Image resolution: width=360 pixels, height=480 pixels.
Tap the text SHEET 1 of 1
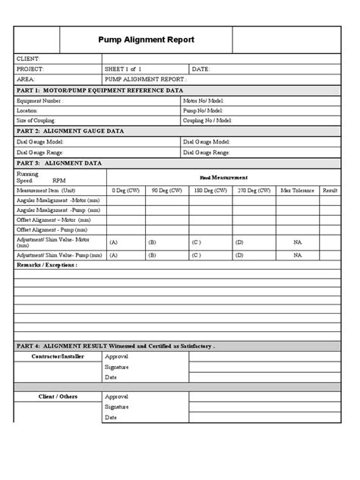pyautogui.click(x=124, y=68)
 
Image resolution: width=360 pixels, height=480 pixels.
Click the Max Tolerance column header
pyautogui.click(x=296, y=190)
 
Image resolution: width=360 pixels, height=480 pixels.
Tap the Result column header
pyautogui.click(x=330, y=190)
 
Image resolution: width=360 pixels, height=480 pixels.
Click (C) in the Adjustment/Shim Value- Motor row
pyautogui.click(x=196, y=242)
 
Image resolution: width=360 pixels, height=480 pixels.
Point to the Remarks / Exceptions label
pyautogui.click(x=46, y=266)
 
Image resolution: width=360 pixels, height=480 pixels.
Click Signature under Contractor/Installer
pyautogui.click(x=117, y=366)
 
